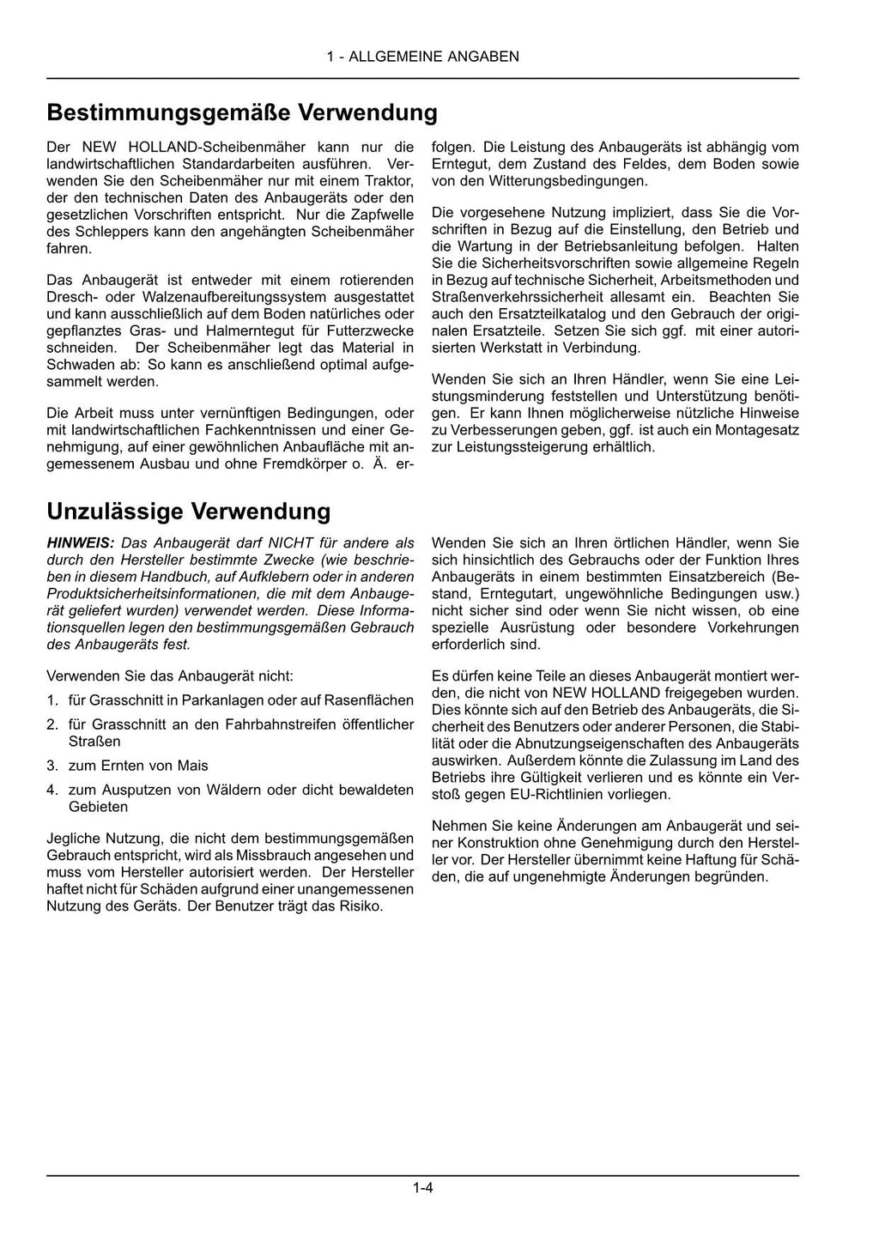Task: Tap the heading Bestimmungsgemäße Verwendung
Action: (x=242, y=113)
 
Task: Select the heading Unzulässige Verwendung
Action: (x=189, y=512)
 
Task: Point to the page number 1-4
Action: (x=422, y=1189)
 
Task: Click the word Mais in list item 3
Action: (x=193, y=766)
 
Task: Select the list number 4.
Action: (x=52, y=790)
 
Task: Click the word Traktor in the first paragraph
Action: (x=391, y=181)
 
